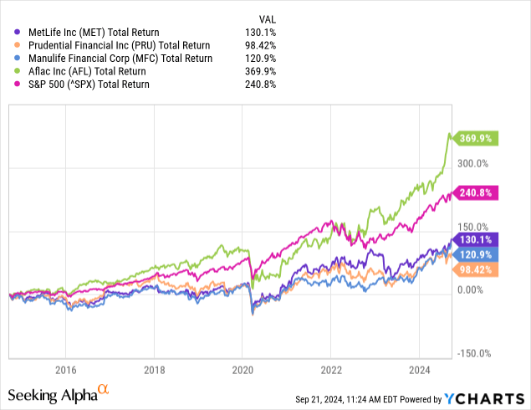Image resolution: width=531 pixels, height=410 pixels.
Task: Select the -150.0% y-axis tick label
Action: pyautogui.click(x=475, y=353)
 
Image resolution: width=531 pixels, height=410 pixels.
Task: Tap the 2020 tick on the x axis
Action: pyautogui.click(x=243, y=369)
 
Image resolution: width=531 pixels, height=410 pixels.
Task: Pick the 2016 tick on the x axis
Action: pyautogui.click(x=65, y=369)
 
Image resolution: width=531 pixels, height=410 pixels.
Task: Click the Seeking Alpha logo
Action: pyautogui.click(x=58, y=393)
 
